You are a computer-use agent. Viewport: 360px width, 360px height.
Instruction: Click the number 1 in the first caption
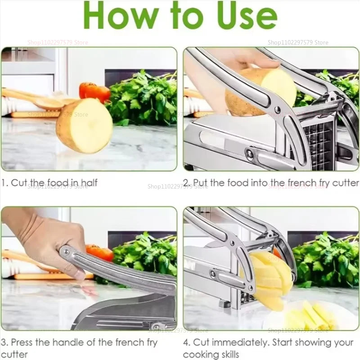point(4,183)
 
